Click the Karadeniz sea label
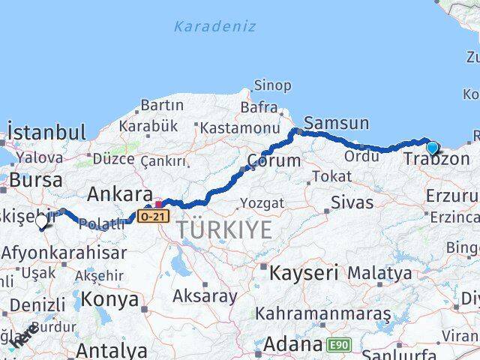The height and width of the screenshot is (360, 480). click(214, 27)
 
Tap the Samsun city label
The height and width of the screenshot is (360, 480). click(336, 124)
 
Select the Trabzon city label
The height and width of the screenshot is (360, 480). click(436, 160)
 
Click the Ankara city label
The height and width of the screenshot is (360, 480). click(120, 194)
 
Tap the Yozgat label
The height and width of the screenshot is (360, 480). click(262, 203)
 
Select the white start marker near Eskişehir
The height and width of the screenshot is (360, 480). click(41, 221)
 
